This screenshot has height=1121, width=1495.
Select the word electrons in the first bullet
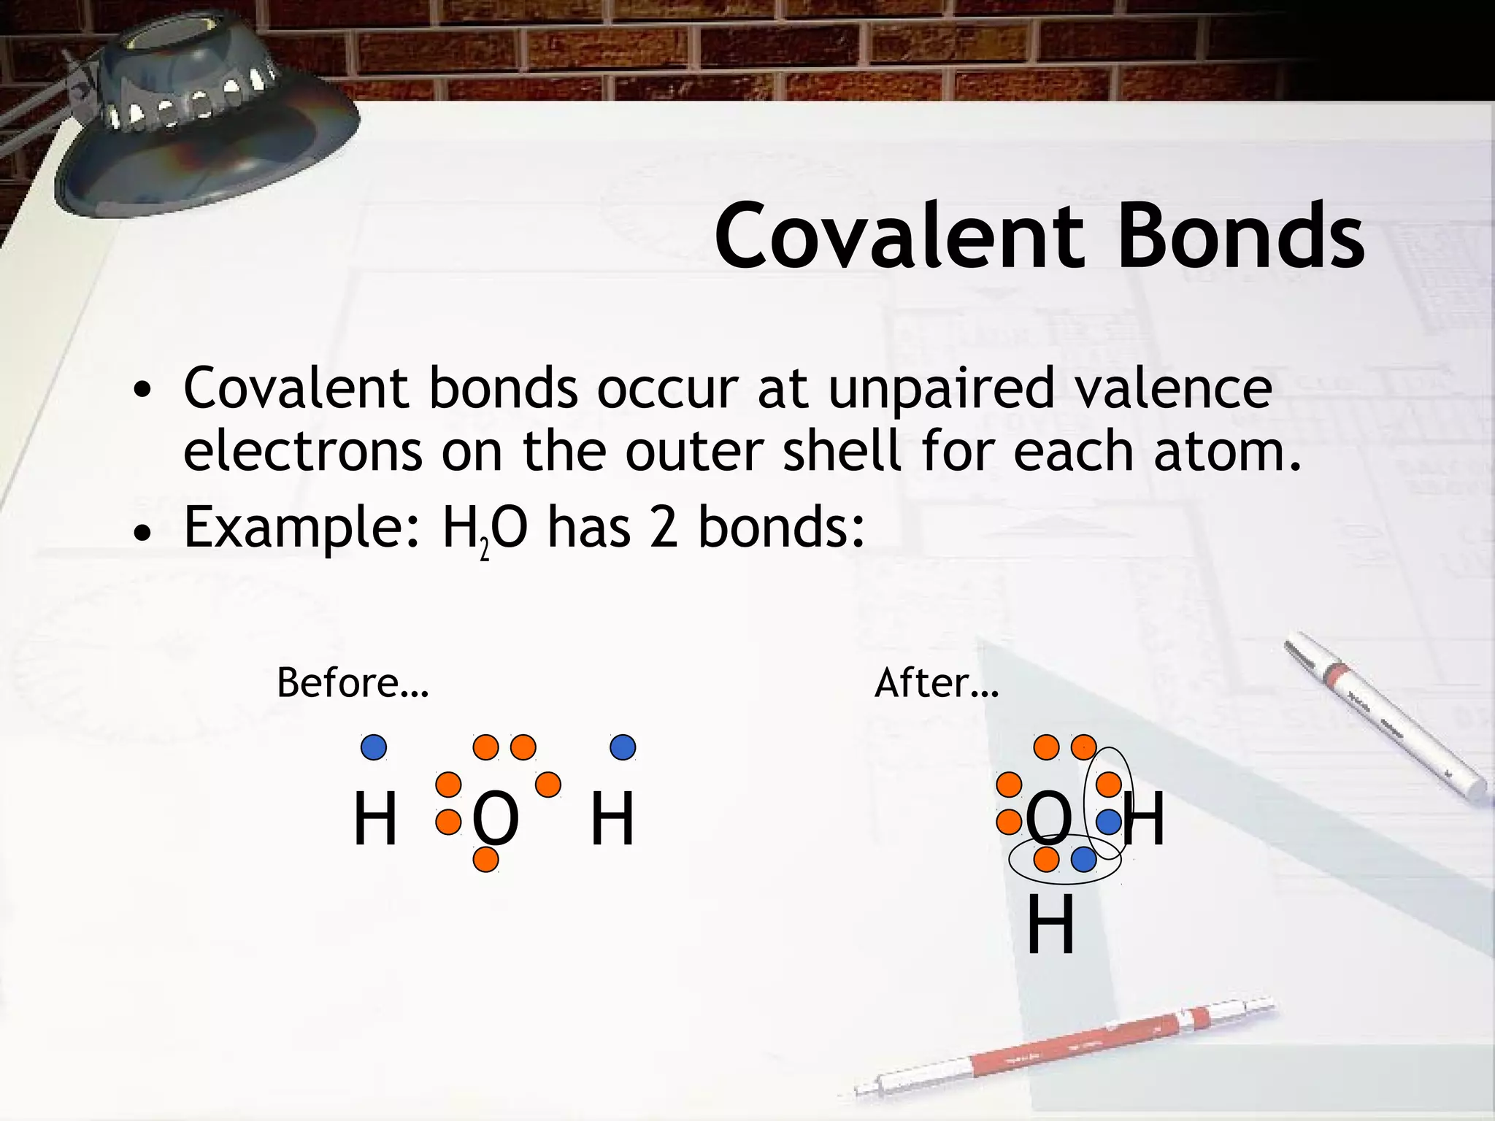coord(302,452)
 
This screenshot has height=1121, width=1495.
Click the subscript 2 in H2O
coord(484,551)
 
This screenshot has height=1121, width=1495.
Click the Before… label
coord(353,684)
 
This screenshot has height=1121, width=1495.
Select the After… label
coord(937,684)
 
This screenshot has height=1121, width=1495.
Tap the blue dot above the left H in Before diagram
coord(374,747)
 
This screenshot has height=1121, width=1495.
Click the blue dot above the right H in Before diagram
coord(623,747)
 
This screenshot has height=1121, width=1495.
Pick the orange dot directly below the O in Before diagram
coord(485,860)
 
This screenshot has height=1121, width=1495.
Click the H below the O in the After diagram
coord(1050,926)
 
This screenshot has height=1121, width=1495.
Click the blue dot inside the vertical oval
coord(1108,823)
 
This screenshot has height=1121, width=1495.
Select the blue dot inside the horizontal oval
coord(1083,860)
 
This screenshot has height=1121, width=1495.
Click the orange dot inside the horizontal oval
coord(1046,860)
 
